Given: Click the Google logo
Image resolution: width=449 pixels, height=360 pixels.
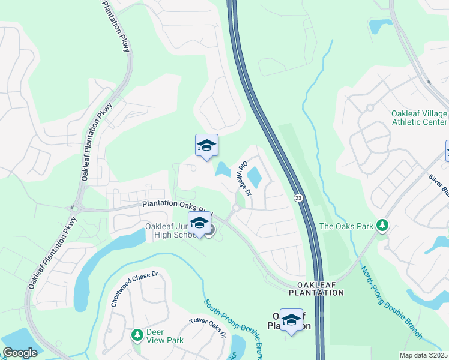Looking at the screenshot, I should pos(20,353).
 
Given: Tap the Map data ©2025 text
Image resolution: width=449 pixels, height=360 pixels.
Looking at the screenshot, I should pos(424,355).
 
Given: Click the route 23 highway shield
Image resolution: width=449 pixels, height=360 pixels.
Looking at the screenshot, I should pos(298,197).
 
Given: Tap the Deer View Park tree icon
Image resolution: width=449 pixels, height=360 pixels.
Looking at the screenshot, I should pos(137,334).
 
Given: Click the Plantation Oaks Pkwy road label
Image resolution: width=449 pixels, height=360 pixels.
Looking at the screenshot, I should pos(177,205).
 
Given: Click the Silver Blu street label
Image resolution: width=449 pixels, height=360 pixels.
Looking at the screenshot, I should pos(438,184).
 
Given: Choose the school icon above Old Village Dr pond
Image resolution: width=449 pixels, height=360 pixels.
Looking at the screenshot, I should pos(206,145).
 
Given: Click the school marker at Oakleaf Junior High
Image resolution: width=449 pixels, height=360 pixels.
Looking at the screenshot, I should pos(199,223).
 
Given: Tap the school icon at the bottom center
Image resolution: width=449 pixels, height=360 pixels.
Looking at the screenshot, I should pos(291,320).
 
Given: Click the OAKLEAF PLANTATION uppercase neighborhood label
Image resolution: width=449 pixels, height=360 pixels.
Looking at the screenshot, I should pos(316,289).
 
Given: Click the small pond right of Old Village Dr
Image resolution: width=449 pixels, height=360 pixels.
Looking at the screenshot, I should pos(255,177).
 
